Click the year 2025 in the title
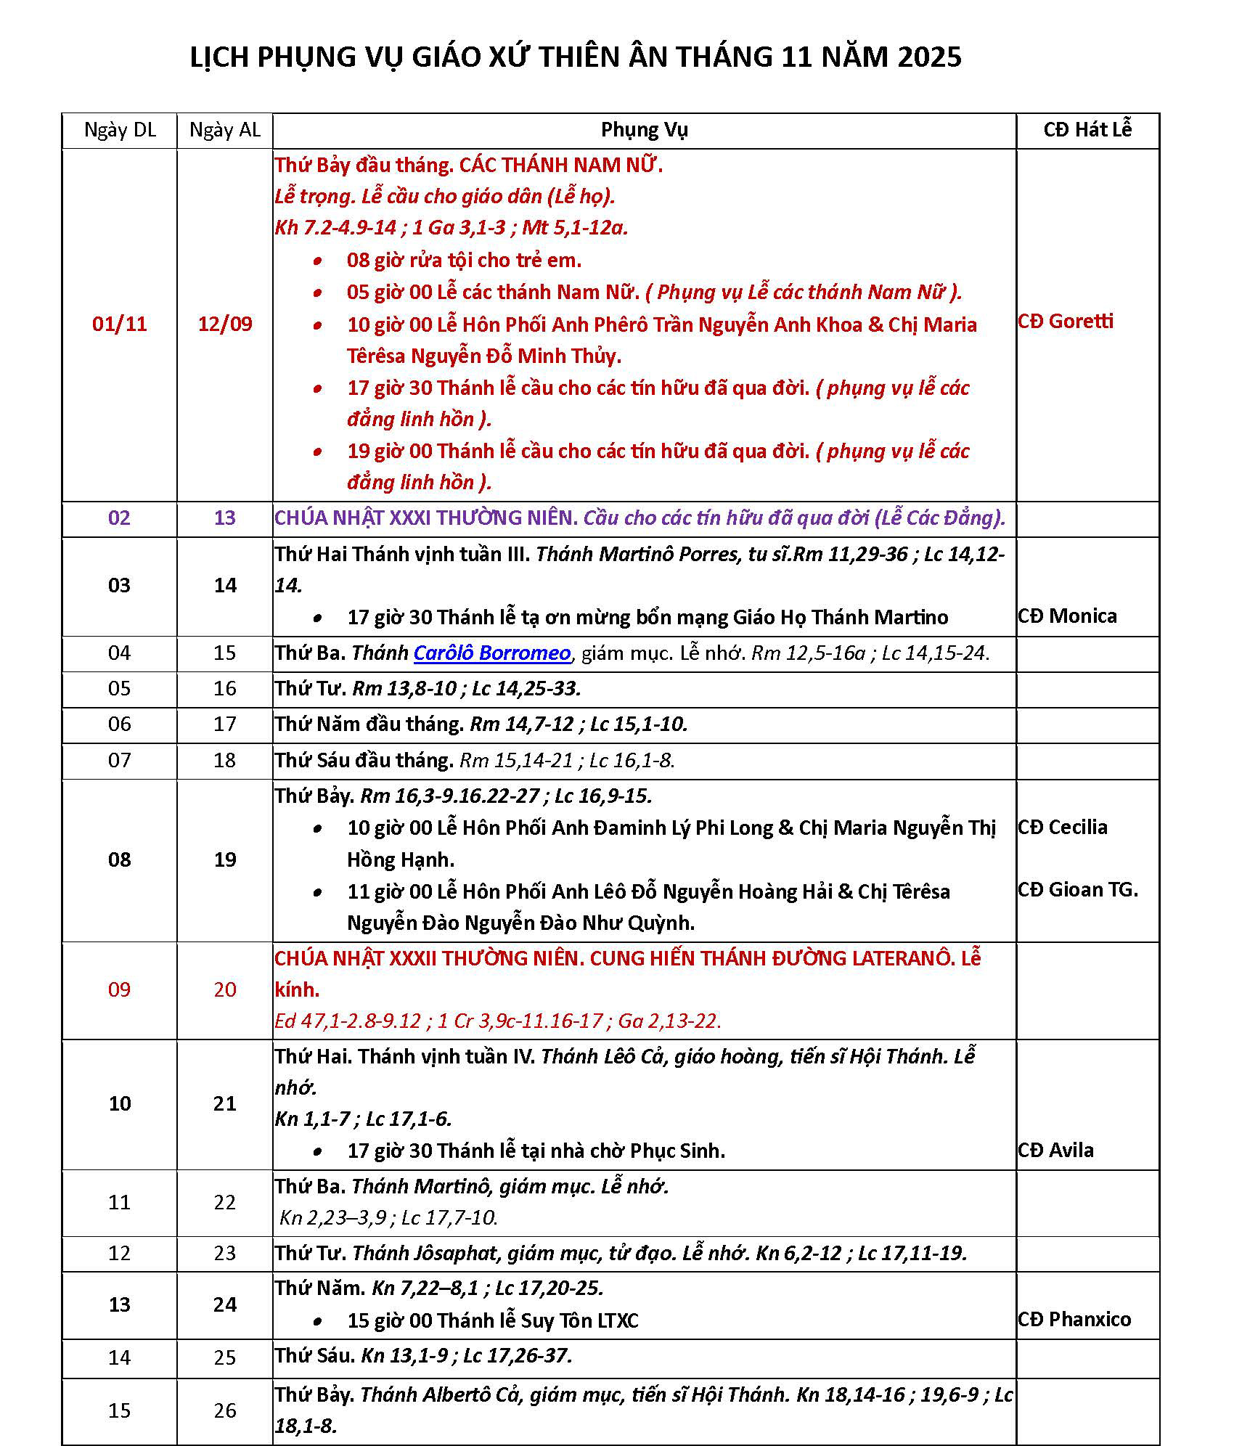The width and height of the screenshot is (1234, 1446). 929,57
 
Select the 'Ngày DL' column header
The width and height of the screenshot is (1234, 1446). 120,130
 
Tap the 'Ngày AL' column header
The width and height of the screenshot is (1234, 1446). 224,130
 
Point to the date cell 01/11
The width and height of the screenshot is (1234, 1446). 120,324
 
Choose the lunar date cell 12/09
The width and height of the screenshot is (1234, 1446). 225,324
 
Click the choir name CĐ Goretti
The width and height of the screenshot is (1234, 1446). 1066,321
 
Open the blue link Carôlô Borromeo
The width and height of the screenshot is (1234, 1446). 491,653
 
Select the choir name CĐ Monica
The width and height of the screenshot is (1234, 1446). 1067,616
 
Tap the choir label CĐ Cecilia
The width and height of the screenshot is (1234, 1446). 1063,827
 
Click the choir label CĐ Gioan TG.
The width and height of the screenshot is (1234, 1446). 1078,889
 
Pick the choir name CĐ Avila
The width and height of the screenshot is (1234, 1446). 1055,1150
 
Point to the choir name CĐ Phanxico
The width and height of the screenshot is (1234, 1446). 1074,1319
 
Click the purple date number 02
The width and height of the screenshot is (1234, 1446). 120,518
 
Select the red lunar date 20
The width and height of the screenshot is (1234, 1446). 225,989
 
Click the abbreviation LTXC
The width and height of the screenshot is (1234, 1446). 617,1320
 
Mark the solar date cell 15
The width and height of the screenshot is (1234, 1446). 120,1410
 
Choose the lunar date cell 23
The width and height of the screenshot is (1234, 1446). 225,1253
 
